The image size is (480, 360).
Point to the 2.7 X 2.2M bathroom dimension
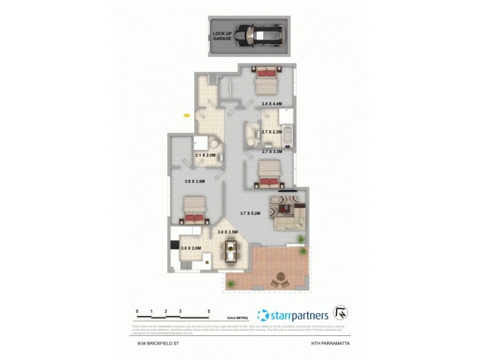tap(272, 131)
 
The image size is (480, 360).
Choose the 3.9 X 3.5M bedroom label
tap(194, 182)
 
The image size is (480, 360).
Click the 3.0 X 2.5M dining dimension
tap(228, 232)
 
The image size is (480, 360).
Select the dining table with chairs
tap(230, 251)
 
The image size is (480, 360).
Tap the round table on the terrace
tap(279, 279)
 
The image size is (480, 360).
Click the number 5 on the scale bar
tap(208, 311)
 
